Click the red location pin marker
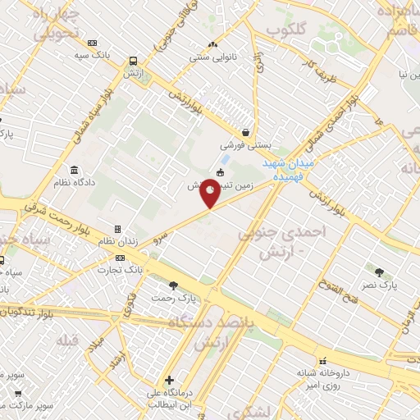211,195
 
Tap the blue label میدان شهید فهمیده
293,169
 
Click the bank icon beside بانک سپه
92,43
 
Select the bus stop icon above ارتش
133,60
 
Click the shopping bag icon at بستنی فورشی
245,132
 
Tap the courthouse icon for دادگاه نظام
75,171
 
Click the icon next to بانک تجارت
121,258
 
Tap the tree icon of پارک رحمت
172,285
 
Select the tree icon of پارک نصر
378,272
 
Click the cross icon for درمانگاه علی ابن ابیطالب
169,380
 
